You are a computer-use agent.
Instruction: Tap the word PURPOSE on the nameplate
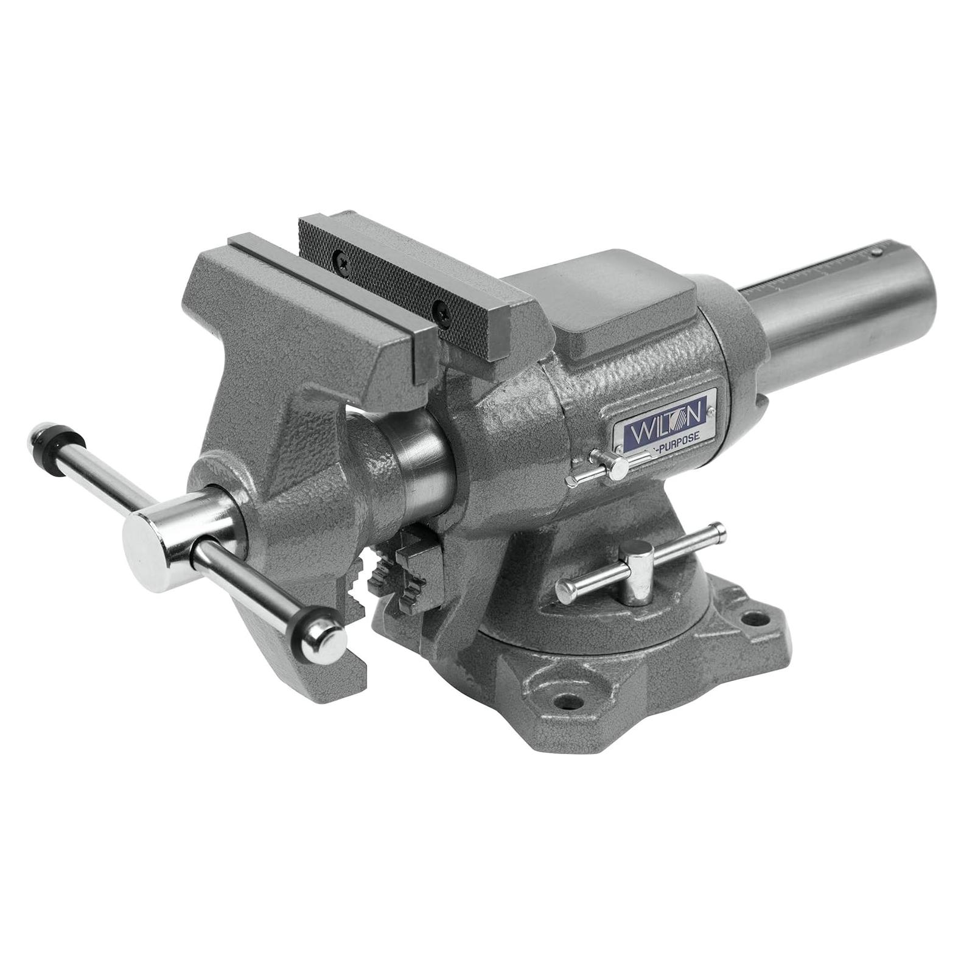tap(677, 436)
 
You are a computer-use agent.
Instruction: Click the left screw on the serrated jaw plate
tap(340, 260)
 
